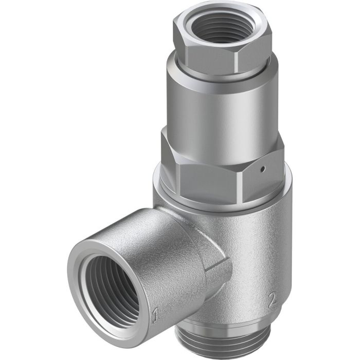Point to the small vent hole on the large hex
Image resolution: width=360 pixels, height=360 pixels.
click(x=262, y=168)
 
